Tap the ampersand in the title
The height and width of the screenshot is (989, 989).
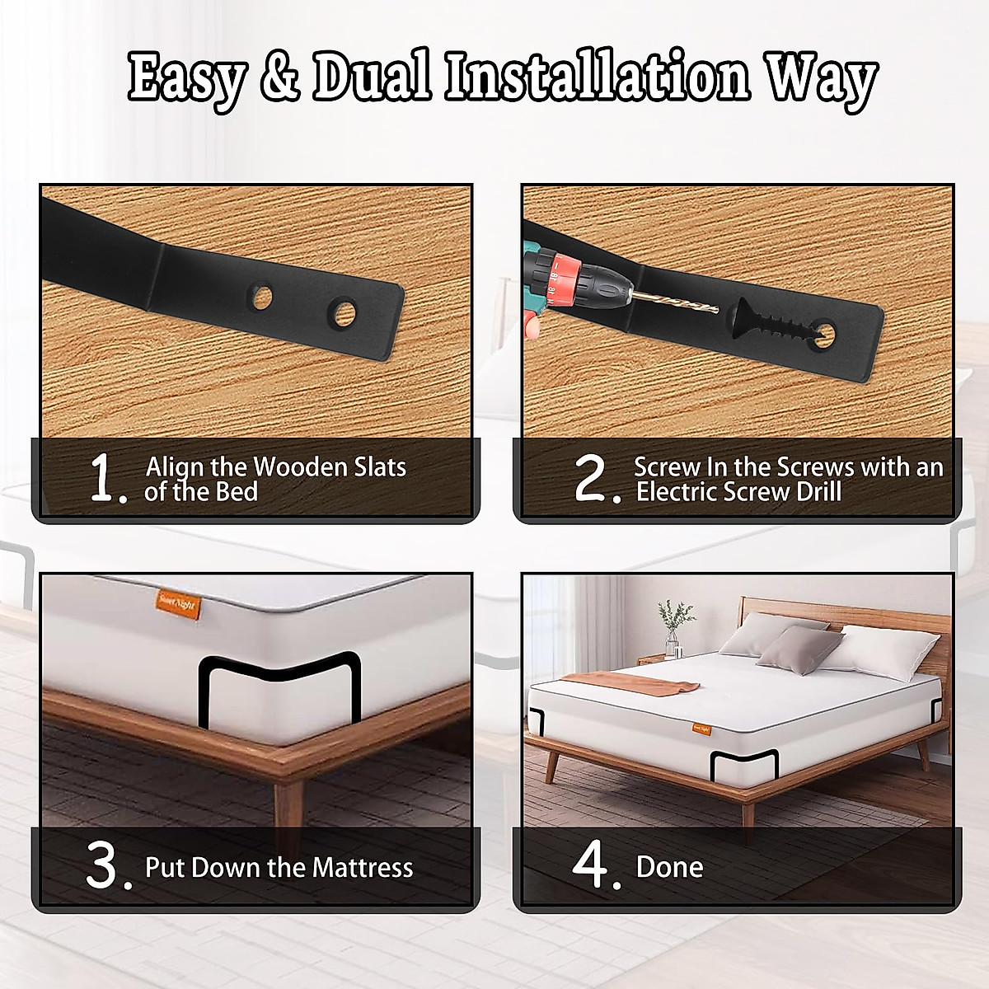pos(279,79)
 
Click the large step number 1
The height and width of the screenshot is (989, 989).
pos(107,480)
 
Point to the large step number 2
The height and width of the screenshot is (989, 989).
pos(593,480)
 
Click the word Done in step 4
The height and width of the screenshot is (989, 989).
pos(669,867)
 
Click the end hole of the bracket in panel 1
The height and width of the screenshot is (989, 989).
pos(341,312)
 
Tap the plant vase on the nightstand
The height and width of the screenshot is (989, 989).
pos(673,643)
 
